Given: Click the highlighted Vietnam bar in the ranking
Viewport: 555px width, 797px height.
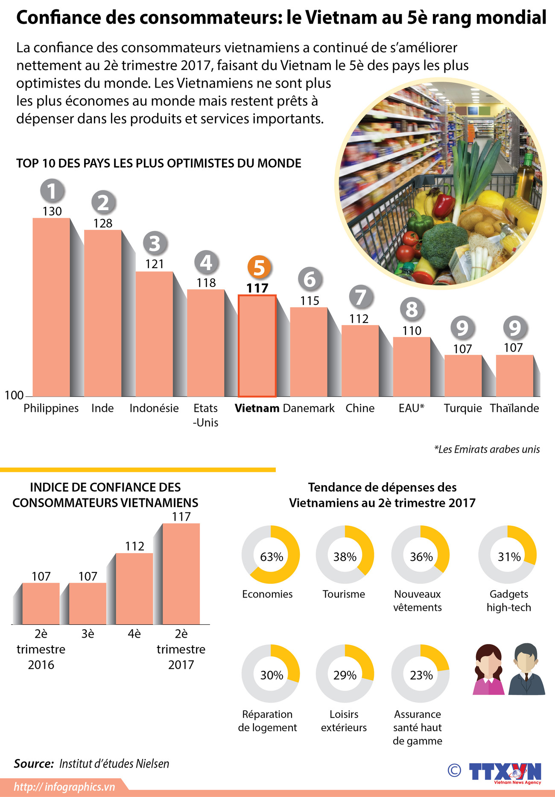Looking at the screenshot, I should [257, 346].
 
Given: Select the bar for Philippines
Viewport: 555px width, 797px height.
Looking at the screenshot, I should [51, 308].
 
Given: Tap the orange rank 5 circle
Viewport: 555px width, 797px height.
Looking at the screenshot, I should [259, 268].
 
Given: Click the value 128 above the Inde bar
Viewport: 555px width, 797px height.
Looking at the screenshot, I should [103, 223].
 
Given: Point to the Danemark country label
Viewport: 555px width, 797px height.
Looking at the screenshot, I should [309, 408].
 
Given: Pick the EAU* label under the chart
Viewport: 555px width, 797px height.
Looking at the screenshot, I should [411, 408].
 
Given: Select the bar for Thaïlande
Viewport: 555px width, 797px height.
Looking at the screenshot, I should [514, 376].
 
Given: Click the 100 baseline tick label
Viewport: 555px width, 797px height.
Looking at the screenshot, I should [14, 395].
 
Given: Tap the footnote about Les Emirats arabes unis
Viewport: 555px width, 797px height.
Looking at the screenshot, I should [487, 449].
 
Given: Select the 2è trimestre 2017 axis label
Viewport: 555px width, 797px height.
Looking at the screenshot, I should [181, 649].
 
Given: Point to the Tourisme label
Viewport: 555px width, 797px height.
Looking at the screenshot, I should [344, 594].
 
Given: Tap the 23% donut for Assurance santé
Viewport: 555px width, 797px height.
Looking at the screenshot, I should [421, 674].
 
